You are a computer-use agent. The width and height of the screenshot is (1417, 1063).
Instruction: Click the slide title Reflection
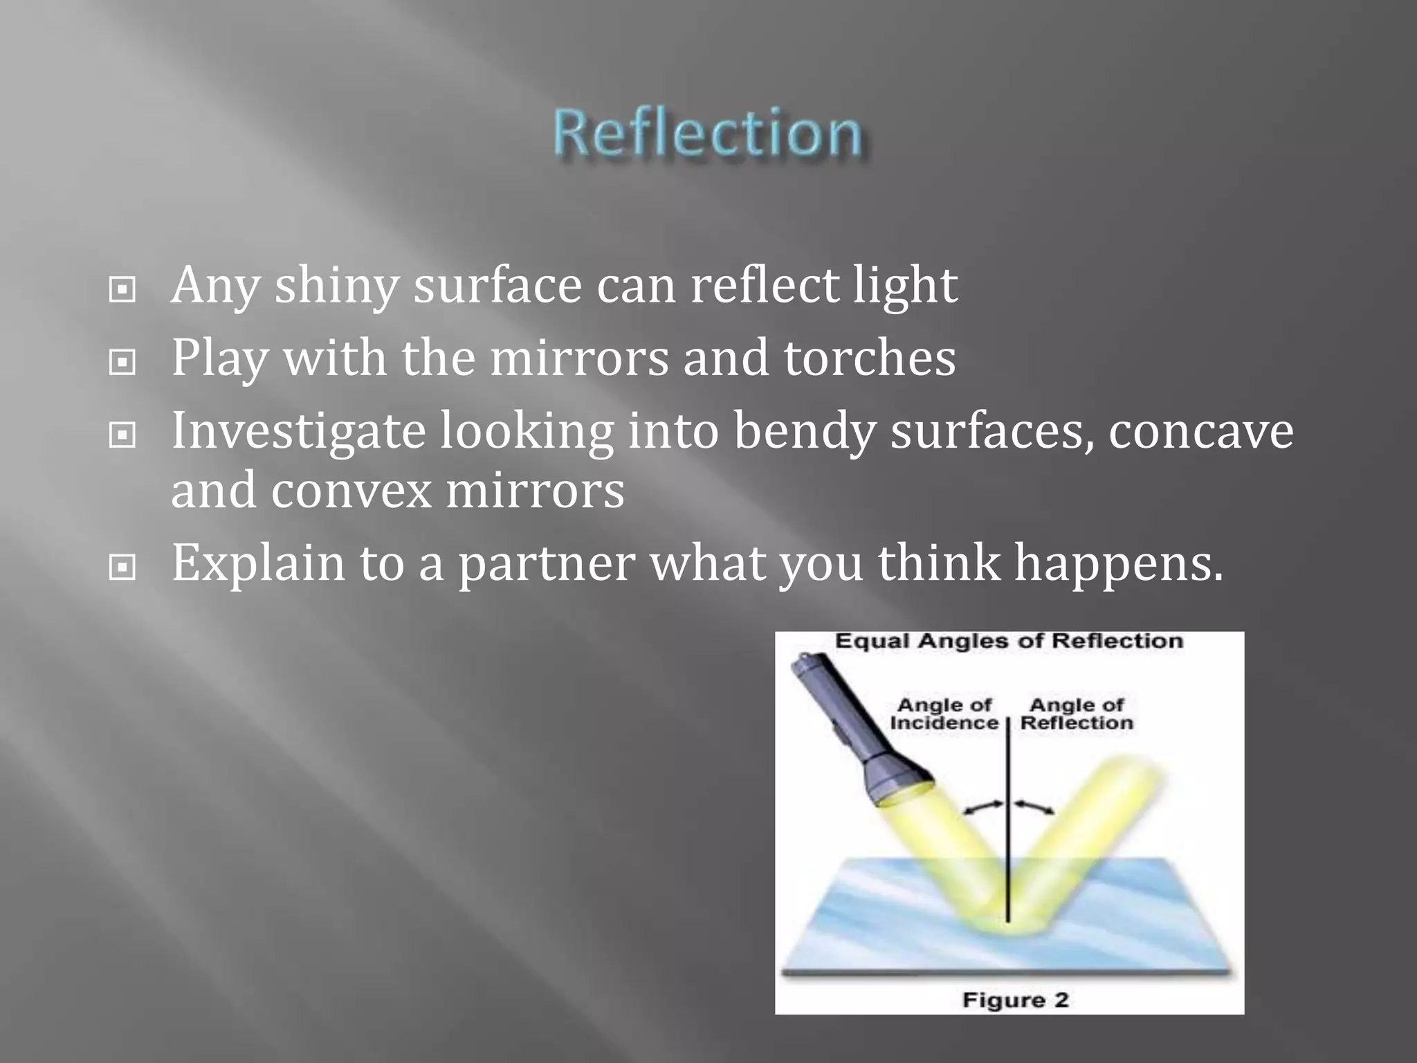pyautogui.click(x=707, y=133)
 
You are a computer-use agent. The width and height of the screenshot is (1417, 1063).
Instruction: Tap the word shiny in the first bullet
pyautogui.click(x=336, y=286)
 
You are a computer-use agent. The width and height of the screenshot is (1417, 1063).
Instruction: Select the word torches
pyautogui.click(x=869, y=358)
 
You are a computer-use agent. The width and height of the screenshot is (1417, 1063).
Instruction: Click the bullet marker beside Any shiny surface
pyautogui.click(x=122, y=291)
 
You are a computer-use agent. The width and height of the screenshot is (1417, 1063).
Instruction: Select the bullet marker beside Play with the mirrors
pyautogui.click(x=122, y=362)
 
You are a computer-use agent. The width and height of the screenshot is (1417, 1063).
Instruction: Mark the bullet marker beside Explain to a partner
pyautogui.click(x=122, y=568)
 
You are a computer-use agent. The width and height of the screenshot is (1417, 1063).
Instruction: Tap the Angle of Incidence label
pyautogui.click(x=944, y=714)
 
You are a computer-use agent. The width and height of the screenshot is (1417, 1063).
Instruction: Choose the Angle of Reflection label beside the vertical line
pyautogui.click(x=1077, y=714)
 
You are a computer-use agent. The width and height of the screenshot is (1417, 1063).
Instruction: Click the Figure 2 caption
pyautogui.click(x=1015, y=999)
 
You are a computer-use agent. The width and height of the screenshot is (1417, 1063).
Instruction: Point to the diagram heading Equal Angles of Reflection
pyautogui.click(x=1009, y=641)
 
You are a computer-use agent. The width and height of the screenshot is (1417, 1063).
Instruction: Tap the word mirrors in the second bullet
pyautogui.click(x=579, y=358)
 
